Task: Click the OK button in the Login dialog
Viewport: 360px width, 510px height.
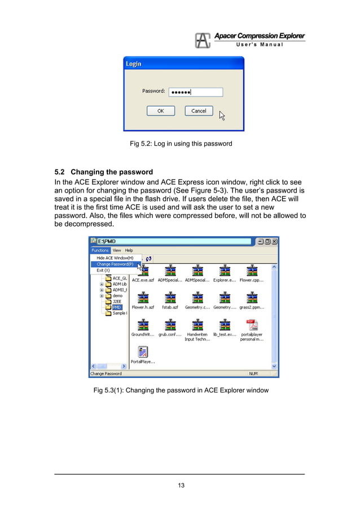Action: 160,111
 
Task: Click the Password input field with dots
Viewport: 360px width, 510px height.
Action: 195,92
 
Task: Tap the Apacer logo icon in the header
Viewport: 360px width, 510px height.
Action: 203,40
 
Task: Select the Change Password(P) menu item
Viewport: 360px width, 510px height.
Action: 115,264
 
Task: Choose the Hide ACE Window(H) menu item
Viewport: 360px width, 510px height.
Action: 115,258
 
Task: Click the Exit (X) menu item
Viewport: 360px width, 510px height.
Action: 103,270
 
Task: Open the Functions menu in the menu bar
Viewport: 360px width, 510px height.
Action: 100,250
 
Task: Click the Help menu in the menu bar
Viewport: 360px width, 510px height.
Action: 129,250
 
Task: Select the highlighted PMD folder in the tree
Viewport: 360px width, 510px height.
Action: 117,307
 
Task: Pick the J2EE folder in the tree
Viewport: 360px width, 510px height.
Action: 117,302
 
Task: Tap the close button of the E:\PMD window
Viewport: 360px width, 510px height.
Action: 274,241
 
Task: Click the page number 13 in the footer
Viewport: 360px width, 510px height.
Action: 180,485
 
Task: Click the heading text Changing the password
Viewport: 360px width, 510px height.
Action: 112,172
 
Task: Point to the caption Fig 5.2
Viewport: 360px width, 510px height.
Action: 181,143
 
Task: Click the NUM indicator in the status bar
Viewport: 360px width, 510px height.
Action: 254,373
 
